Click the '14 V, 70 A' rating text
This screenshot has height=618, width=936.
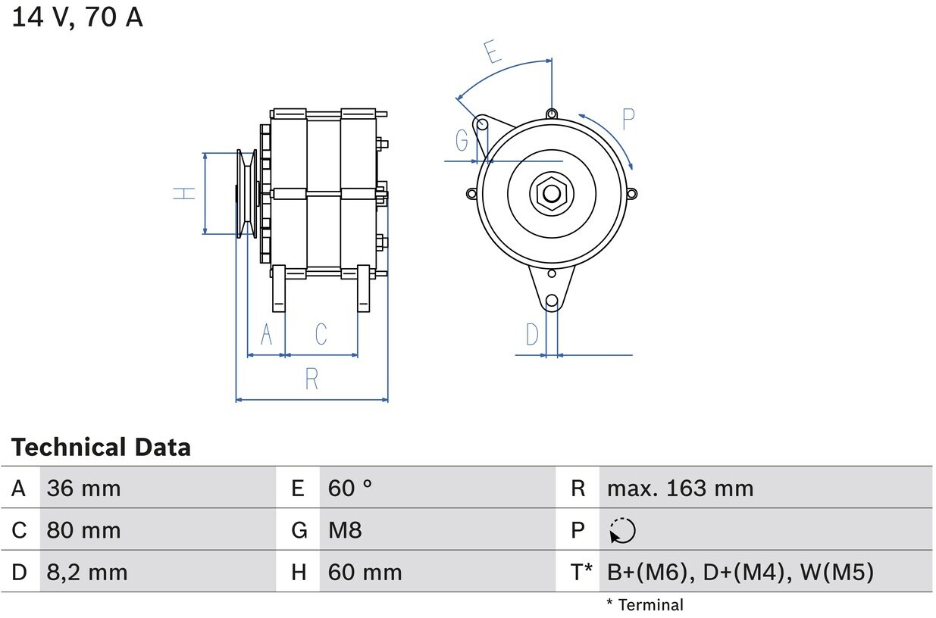point(77,17)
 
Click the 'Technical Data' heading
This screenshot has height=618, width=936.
point(101,448)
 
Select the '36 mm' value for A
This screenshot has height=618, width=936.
point(83,488)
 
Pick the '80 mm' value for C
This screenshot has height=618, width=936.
point(83,530)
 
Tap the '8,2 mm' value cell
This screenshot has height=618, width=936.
point(86,572)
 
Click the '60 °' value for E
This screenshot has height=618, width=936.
point(350,488)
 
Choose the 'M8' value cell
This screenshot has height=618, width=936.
point(345,530)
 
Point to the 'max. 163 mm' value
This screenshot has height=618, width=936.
point(680,488)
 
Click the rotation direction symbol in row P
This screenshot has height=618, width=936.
point(622,531)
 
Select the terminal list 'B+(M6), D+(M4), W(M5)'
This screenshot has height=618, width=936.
point(740,572)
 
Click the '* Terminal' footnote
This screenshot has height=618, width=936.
point(644,604)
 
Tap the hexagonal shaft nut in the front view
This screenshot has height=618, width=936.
point(552,194)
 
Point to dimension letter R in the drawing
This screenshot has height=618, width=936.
point(311,379)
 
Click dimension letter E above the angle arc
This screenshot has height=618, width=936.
point(493,51)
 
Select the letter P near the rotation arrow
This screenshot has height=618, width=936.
point(628,119)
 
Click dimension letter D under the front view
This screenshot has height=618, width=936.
point(533,334)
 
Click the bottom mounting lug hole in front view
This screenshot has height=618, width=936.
point(552,301)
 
